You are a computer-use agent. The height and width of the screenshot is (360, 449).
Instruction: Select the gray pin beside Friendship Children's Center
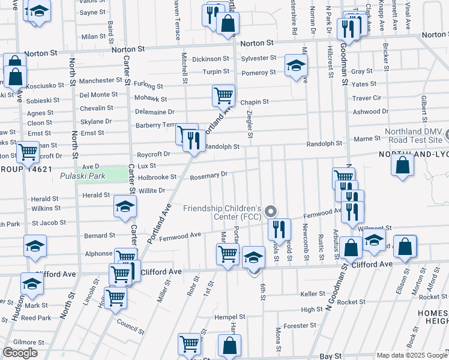pyautogui.click(x=271, y=211)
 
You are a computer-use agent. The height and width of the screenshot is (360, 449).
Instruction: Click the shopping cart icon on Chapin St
pyautogui.click(x=223, y=95)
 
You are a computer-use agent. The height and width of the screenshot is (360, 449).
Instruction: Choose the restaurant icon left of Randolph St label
pyautogui.click(x=194, y=142)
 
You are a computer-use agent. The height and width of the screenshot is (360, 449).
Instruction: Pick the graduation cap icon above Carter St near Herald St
pyautogui.click(x=125, y=207)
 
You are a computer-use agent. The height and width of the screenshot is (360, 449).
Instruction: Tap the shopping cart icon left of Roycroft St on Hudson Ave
pyautogui.click(x=28, y=152)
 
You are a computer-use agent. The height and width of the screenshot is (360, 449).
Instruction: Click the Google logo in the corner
pyautogui.click(x=20, y=353)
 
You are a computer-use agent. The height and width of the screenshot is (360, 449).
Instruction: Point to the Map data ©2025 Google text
pyautogui.click(x=412, y=355)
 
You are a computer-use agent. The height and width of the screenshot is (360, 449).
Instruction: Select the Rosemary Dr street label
pyautogui.click(x=209, y=175)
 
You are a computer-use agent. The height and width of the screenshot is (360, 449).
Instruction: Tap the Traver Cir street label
pyautogui.click(x=367, y=98)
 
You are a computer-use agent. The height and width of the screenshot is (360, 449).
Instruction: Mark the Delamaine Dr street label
pyautogui.click(x=154, y=112)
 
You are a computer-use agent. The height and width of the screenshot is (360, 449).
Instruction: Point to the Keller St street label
pyautogui.click(x=312, y=293)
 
